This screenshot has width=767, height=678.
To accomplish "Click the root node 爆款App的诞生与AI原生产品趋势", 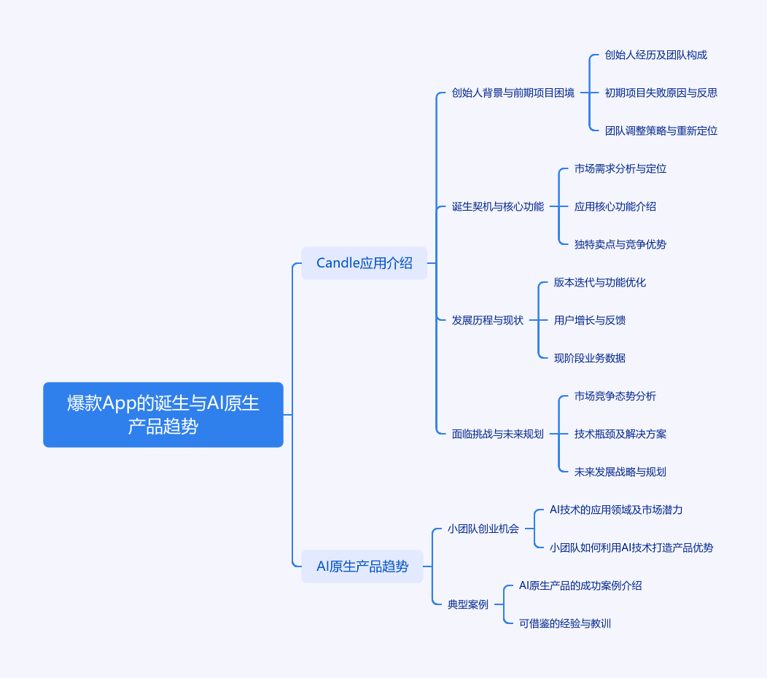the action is (x=163, y=415).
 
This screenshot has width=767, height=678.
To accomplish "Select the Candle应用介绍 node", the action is (x=364, y=263).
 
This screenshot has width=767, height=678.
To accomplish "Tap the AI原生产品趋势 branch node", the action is (x=362, y=566).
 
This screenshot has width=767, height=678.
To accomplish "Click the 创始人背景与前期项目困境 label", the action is (x=513, y=93).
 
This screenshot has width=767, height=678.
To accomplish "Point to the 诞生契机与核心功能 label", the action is (x=498, y=206).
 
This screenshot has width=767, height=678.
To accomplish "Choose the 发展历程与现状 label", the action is (x=488, y=321).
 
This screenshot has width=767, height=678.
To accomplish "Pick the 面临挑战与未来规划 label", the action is (x=498, y=434).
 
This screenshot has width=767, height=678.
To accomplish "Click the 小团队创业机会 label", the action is (x=483, y=529).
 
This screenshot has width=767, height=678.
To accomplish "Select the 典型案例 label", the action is (x=468, y=604).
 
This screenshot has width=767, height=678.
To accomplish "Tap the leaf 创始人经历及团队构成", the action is (x=656, y=55).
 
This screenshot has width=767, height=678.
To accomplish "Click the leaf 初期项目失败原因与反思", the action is (x=661, y=93).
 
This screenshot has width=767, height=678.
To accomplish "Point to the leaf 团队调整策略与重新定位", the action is (x=661, y=130).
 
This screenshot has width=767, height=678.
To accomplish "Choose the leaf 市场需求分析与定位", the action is (x=620, y=168).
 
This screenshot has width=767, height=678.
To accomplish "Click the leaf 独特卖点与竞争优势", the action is (x=620, y=244).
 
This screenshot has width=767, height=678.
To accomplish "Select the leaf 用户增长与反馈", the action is (x=590, y=321).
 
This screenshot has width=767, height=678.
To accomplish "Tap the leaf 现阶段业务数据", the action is (x=590, y=358).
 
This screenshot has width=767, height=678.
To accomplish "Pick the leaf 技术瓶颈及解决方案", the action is (x=620, y=434).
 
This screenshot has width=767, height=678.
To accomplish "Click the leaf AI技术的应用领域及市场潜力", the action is (x=616, y=510).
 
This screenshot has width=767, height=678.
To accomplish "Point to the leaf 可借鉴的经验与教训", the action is (x=565, y=623).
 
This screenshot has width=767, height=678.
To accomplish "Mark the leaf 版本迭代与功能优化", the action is (x=600, y=282).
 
